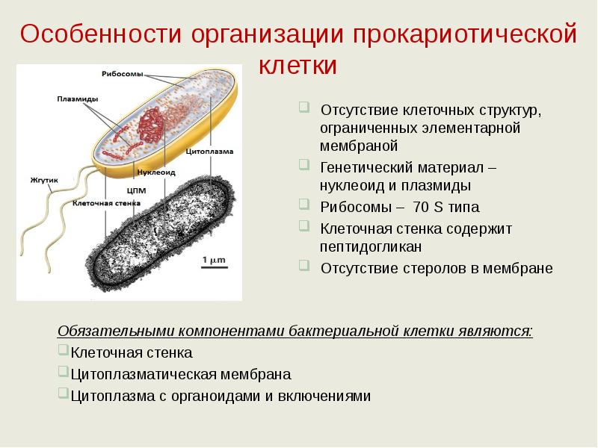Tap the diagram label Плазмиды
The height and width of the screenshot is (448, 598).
pos(75,98)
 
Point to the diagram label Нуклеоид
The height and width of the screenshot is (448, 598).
pos(156,172)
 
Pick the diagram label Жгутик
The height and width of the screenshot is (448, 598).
pos(44,180)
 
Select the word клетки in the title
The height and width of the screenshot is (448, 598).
pos(298,65)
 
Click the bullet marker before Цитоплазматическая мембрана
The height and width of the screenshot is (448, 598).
pos(63,372)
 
